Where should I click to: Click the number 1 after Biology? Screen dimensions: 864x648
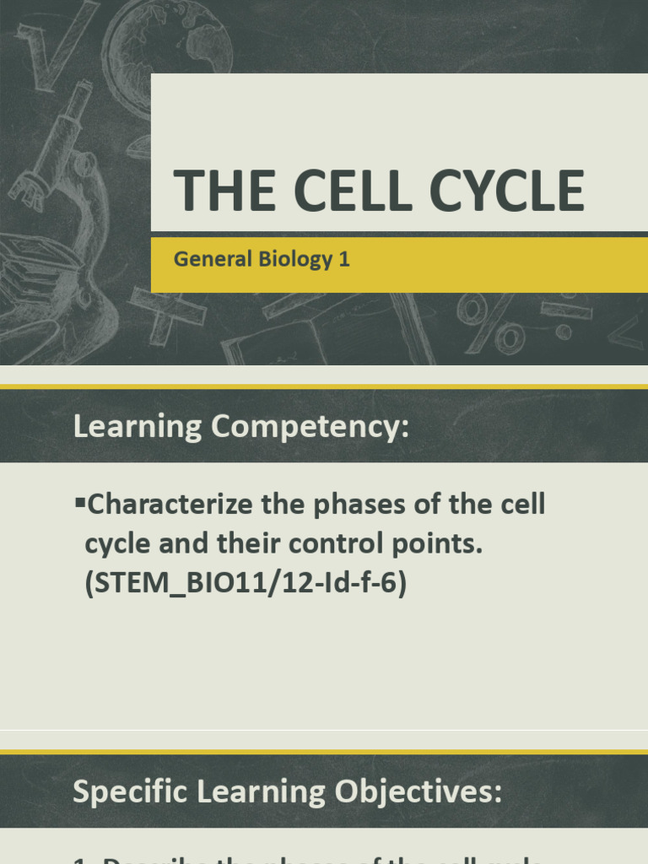pyautogui.click(x=343, y=259)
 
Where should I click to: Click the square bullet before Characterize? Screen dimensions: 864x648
pyautogui.click(x=80, y=504)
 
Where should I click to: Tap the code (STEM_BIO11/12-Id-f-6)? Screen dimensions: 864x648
pyautogui.click(x=246, y=584)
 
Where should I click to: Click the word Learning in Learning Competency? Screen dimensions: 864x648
pyautogui.click(x=136, y=427)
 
